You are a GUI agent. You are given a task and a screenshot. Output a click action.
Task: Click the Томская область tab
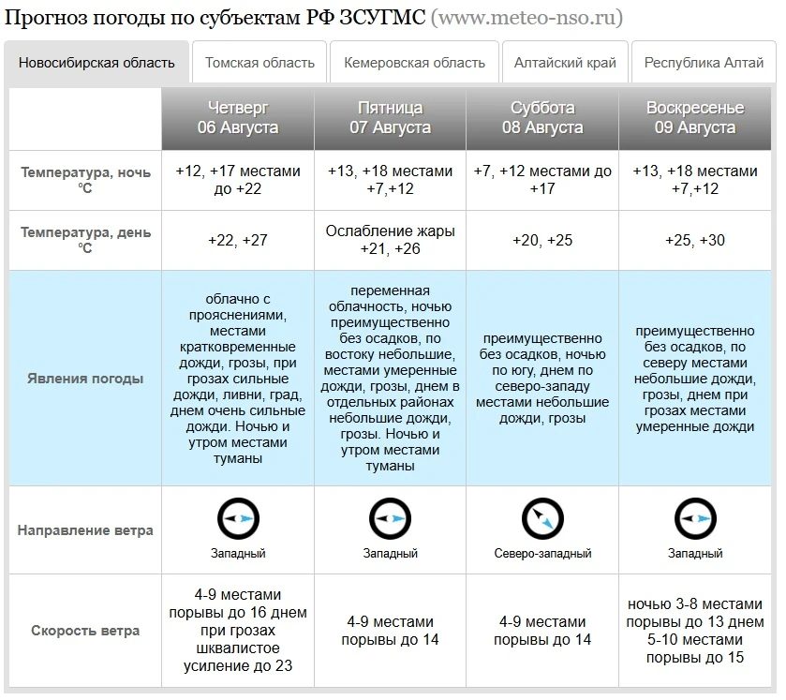(x=260, y=63)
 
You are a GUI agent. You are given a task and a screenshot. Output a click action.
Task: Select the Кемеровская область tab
(x=415, y=63)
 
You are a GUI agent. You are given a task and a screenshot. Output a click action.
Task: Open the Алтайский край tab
(x=565, y=63)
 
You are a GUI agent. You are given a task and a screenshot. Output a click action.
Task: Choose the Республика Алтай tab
(x=704, y=63)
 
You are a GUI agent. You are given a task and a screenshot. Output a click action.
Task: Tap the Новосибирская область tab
(x=96, y=63)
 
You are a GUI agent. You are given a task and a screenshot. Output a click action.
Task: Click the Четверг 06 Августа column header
(x=238, y=118)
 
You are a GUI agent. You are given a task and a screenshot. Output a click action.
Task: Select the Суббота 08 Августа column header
(x=542, y=118)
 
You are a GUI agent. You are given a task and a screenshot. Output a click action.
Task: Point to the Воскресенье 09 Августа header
(x=695, y=118)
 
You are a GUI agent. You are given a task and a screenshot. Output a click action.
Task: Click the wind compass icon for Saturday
(x=542, y=518)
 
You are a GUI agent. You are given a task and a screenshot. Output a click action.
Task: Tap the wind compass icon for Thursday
(x=238, y=518)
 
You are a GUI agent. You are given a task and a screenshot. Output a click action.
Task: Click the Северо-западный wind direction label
(x=542, y=554)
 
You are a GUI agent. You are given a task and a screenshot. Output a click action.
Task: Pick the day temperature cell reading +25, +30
(x=695, y=241)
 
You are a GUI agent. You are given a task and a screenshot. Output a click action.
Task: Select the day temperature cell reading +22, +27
(x=238, y=241)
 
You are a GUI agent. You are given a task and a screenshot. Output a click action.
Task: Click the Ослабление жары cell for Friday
(x=390, y=240)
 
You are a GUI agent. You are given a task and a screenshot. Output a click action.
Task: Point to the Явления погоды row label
(x=85, y=379)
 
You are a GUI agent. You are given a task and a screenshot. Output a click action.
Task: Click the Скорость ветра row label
(x=85, y=631)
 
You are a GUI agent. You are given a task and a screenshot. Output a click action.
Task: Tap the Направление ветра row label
(x=85, y=530)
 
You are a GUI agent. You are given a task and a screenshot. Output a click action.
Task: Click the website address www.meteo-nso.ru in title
(x=526, y=18)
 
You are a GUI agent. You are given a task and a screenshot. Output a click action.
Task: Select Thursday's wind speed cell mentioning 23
(x=238, y=631)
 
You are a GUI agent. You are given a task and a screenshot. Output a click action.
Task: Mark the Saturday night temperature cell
(x=542, y=180)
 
